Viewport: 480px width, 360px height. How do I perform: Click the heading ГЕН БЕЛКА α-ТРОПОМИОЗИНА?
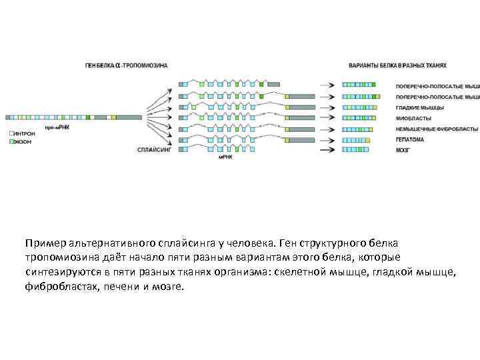tap(126, 65)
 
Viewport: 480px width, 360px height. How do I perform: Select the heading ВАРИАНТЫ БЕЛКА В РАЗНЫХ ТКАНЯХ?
tap(397, 65)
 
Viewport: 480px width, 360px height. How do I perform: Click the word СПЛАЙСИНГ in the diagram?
tap(154, 151)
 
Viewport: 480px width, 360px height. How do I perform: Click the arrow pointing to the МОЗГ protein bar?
tap(327, 151)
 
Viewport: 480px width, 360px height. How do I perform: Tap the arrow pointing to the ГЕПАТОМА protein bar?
tap(327, 140)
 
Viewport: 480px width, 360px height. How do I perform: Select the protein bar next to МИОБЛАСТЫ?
tap(363, 118)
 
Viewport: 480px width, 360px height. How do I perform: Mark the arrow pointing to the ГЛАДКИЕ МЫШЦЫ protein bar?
tap(327, 107)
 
